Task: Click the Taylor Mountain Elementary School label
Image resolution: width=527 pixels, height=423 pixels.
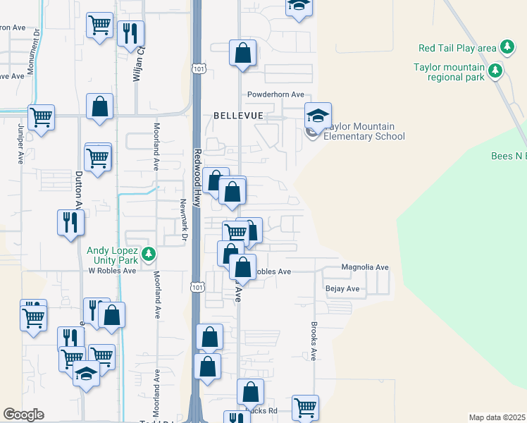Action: coord(364,131)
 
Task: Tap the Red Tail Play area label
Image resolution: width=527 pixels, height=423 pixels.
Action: coord(457,48)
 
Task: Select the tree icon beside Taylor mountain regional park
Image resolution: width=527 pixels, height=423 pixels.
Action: coord(496,70)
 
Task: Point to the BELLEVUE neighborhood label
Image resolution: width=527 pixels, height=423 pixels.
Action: coord(238,115)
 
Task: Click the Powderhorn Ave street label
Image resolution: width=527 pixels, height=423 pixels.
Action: coord(275,94)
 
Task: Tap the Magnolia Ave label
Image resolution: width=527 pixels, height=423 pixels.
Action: coord(365,268)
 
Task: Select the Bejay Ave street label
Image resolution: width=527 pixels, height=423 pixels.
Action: coord(342,289)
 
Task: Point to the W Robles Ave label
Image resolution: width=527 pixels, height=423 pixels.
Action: coord(111,270)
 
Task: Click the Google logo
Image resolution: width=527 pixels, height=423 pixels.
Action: coord(23,415)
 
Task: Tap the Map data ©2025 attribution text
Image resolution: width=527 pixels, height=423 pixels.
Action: coord(497,417)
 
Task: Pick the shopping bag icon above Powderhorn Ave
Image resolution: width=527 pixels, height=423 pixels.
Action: coord(242,53)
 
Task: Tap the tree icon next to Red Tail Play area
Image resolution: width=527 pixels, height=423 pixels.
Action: coord(507,48)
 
